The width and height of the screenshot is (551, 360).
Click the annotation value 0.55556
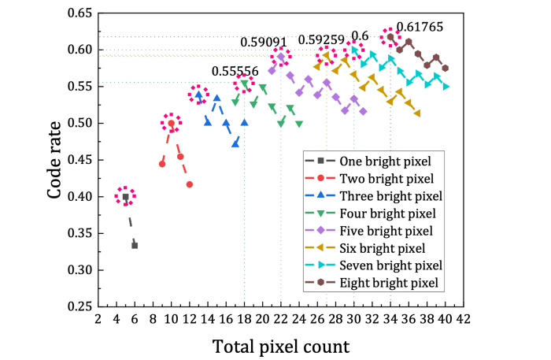(x=235, y=71)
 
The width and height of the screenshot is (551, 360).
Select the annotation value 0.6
(x=360, y=35)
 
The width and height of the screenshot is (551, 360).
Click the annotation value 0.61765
(x=420, y=27)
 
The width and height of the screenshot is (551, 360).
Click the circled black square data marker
(x=125, y=196)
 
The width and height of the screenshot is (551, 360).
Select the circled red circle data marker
(x=171, y=123)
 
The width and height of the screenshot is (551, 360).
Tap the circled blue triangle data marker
(x=198, y=95)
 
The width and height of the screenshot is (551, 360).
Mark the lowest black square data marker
(x=135, y=246)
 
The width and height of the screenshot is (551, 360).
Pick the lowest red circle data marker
(x=190, y=184)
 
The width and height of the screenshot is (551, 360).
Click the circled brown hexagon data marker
(x=390, y=37)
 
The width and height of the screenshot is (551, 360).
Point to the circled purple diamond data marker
(x=281, y=57)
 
